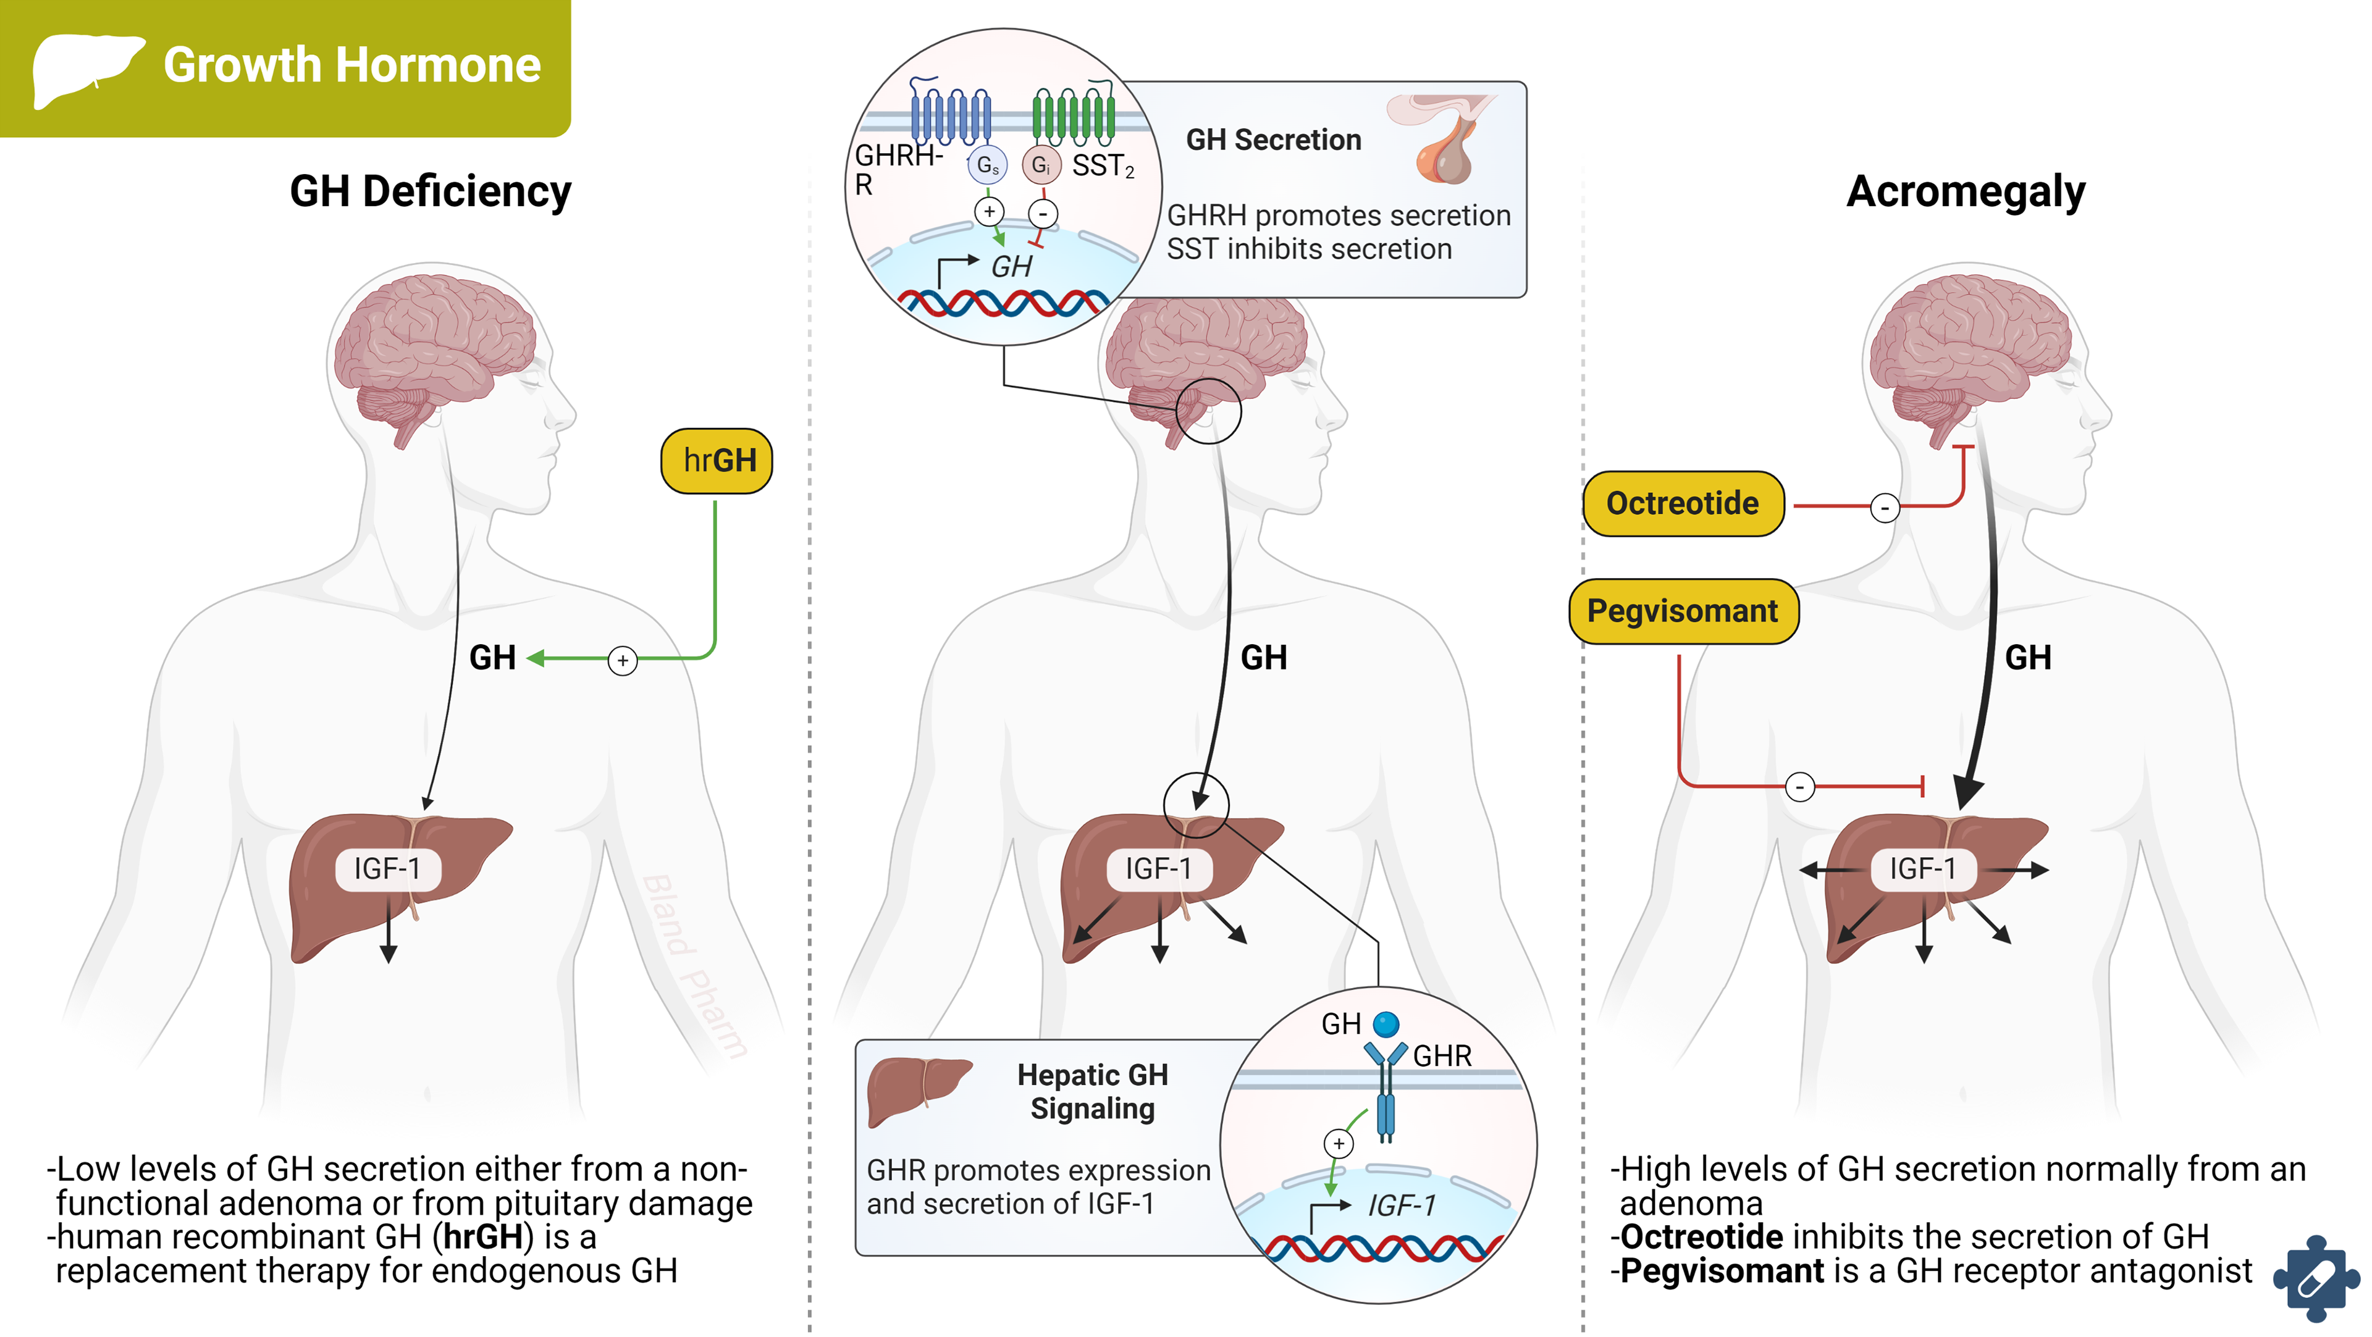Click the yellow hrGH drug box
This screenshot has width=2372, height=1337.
tap(717, 461)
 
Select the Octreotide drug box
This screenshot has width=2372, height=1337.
tap(1683, 504)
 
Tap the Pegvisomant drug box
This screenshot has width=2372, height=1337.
tap(1683, 611)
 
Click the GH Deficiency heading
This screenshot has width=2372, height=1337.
tap(430, 191)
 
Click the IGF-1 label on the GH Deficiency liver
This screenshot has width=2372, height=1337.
tap(388, 868)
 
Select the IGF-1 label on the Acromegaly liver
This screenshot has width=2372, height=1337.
tap(1923, 868)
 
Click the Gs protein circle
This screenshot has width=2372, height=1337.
tap(987, 165)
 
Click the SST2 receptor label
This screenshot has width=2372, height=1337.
tap(1102, 166)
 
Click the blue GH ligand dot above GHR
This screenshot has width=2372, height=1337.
tap(1386, 1024)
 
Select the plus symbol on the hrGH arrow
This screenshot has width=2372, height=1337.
tap(623, 660)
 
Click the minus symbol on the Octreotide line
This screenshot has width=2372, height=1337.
tap(1885, 508)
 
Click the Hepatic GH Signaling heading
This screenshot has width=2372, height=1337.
tap(1092, 1091)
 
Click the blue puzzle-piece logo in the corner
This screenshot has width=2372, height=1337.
tap(2315, 1278)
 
